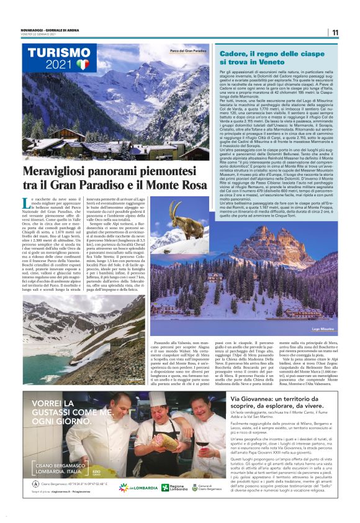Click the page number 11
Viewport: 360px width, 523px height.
(x=335, y=33)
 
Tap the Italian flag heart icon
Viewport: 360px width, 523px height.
(x=83, y=64)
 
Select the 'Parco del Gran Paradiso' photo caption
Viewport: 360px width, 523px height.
(x=188, y=51)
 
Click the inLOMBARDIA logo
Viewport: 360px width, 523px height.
(x=132, y=488)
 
